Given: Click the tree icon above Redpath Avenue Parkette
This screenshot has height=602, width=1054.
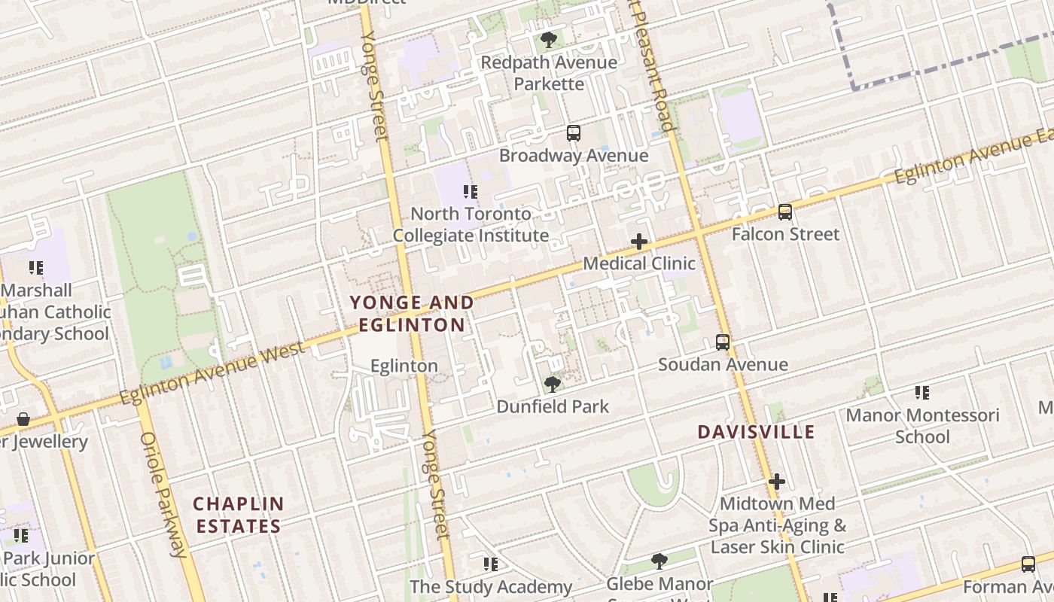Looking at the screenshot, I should [x=549, y=40].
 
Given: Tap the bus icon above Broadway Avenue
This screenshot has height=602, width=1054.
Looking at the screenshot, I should [x=574, y=133].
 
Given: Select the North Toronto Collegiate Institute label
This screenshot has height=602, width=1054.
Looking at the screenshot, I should [x=471, y=225].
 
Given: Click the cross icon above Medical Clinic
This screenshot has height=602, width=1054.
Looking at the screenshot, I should [x=639, y=242].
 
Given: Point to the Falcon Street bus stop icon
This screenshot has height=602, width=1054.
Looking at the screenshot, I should [x=785, y=212].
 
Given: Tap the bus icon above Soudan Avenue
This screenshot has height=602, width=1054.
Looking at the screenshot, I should [x=723, y=342].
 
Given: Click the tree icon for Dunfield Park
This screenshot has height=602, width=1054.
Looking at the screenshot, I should [x=553, y=385].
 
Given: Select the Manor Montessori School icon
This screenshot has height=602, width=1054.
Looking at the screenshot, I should [x=922, y=393].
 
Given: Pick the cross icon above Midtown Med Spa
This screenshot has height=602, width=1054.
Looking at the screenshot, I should [x=777, y=482].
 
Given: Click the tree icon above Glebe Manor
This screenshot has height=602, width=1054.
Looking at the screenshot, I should [x=660, y=561].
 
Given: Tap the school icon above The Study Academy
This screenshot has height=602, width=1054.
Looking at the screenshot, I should [x=491, y=564].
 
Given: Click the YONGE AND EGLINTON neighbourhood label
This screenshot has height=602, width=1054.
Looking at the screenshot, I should [x=412, y=314].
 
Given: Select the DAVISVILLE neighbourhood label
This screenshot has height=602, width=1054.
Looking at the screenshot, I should [x=756, y=432].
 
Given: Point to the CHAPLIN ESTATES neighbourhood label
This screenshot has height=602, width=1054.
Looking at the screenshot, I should [x=239, y=515].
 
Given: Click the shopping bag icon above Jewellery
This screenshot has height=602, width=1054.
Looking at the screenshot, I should [x=23, y=419].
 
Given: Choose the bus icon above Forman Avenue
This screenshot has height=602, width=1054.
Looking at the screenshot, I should [x=1028, y=564].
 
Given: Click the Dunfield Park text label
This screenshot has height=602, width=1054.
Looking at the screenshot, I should [x=553, y=406].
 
